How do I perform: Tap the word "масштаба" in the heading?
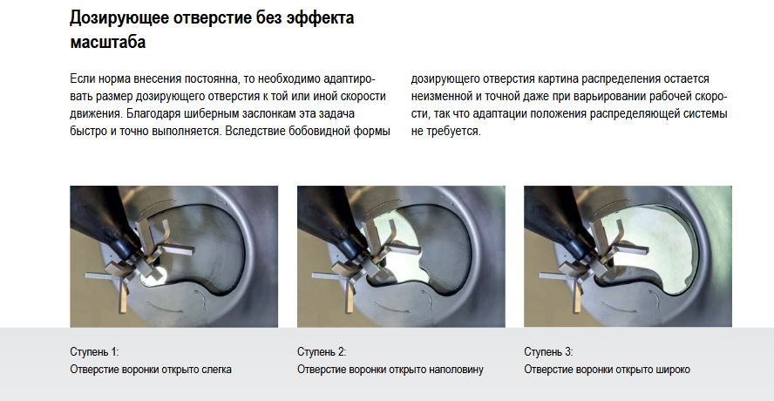[107, 42]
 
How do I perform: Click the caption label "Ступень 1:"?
[94, 352]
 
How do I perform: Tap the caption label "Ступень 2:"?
[322, 352]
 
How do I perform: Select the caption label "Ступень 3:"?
[548, 352]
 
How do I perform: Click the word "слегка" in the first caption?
[217, 370]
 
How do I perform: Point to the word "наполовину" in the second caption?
[456, 370]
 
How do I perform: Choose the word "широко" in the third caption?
[675, 370]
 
